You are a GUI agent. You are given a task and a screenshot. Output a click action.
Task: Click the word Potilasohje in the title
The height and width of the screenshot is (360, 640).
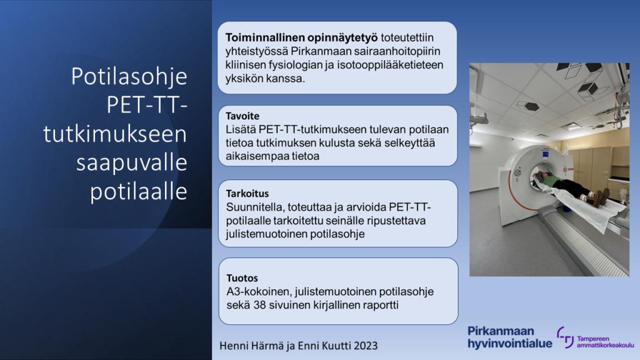pyautogui.click(x=129, y=77)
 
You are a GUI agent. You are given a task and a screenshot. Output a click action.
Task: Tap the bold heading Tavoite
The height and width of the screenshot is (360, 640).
pyautogui.click(x=242, y=117)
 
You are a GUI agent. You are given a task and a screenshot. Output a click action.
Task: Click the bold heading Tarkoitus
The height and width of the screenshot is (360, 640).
pyautogui.click(x=247, y=193)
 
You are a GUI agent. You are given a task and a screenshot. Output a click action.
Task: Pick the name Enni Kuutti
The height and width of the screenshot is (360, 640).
pyautogui.click(x=318, y=346)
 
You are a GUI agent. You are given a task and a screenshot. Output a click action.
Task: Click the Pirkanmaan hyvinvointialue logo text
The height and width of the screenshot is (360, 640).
pyautogui.click(x=509, y=337)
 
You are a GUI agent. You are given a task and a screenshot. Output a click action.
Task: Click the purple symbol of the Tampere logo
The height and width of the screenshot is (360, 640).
pyautogui.click(x=565, y=337)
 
